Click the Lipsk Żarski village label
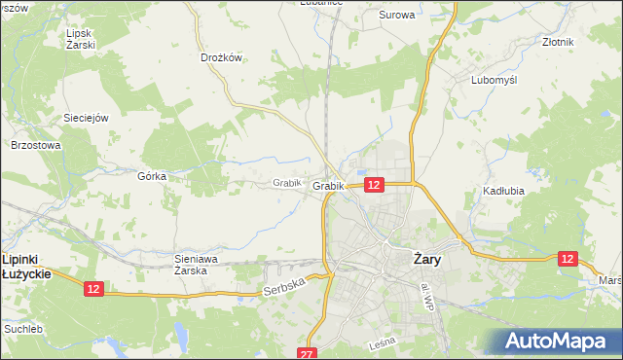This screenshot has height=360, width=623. pyautogui.click(x=80, y=39)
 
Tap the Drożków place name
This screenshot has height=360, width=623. pyautogui.click(x=221, y=57)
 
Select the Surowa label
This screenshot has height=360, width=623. pyautogui.click(x=396, y=15)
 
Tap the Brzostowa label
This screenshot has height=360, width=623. pyautogui.click(x=36, y=145)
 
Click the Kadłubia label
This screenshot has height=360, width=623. pyautogui.click(x=503, y=191)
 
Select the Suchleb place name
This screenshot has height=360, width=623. pyautogui.click(x=23, y=329)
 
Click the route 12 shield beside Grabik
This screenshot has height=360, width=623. pyautogui.click(x=375, y=184)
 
